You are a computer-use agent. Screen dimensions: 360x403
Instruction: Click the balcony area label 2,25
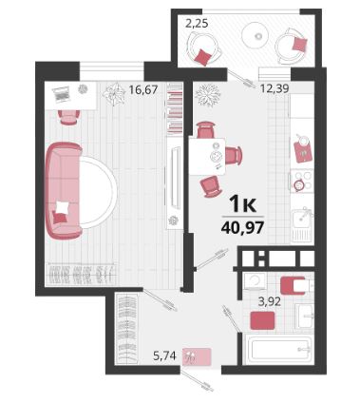pyautogui.click(x=197, y=23)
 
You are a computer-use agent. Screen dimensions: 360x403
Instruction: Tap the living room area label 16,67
pyautogui.click(x=143, y=90)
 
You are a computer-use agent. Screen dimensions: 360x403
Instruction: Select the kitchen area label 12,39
pyautogui.click(x=275, y=88)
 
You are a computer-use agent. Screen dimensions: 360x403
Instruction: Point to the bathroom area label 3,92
pyautogui.click(x=270, y=301)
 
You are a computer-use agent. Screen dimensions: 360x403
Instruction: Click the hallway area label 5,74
pyautogui.click(x=164, y=355)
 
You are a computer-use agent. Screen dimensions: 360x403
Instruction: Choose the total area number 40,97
pyautogui.click(x=243, y=227)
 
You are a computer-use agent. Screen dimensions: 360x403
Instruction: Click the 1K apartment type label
pyautogui.click(x=242, y=203)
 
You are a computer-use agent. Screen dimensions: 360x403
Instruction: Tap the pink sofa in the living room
pyautogui.click(x=64, y=190)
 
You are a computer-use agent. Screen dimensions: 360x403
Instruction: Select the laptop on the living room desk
pyautogui.click(x=62, y=94)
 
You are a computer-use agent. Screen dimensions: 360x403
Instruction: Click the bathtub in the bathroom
pyautogui.click(x=279, y=349)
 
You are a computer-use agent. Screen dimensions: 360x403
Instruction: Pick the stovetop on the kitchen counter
pyautogui.click(x=302, y=182)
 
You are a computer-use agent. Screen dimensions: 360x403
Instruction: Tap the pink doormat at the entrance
pyautogui.click(x=197, y=356)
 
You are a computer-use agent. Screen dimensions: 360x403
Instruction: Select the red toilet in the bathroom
pyautogui.click(x=296, y=286)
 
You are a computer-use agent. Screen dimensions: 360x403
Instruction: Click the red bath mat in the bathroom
pyautogui.click(x=262, y=320)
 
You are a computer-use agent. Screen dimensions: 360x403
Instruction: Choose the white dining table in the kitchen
pyautogui.click(x=207, y=156)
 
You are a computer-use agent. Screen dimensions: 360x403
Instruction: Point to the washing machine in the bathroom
pyautogui.click(x=256, y=281)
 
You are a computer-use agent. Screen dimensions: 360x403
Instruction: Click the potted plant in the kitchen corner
pyautogui.click(x=208, y=95)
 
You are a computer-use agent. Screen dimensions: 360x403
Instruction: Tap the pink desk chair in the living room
pyautogui.click(x=68, y=117)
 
